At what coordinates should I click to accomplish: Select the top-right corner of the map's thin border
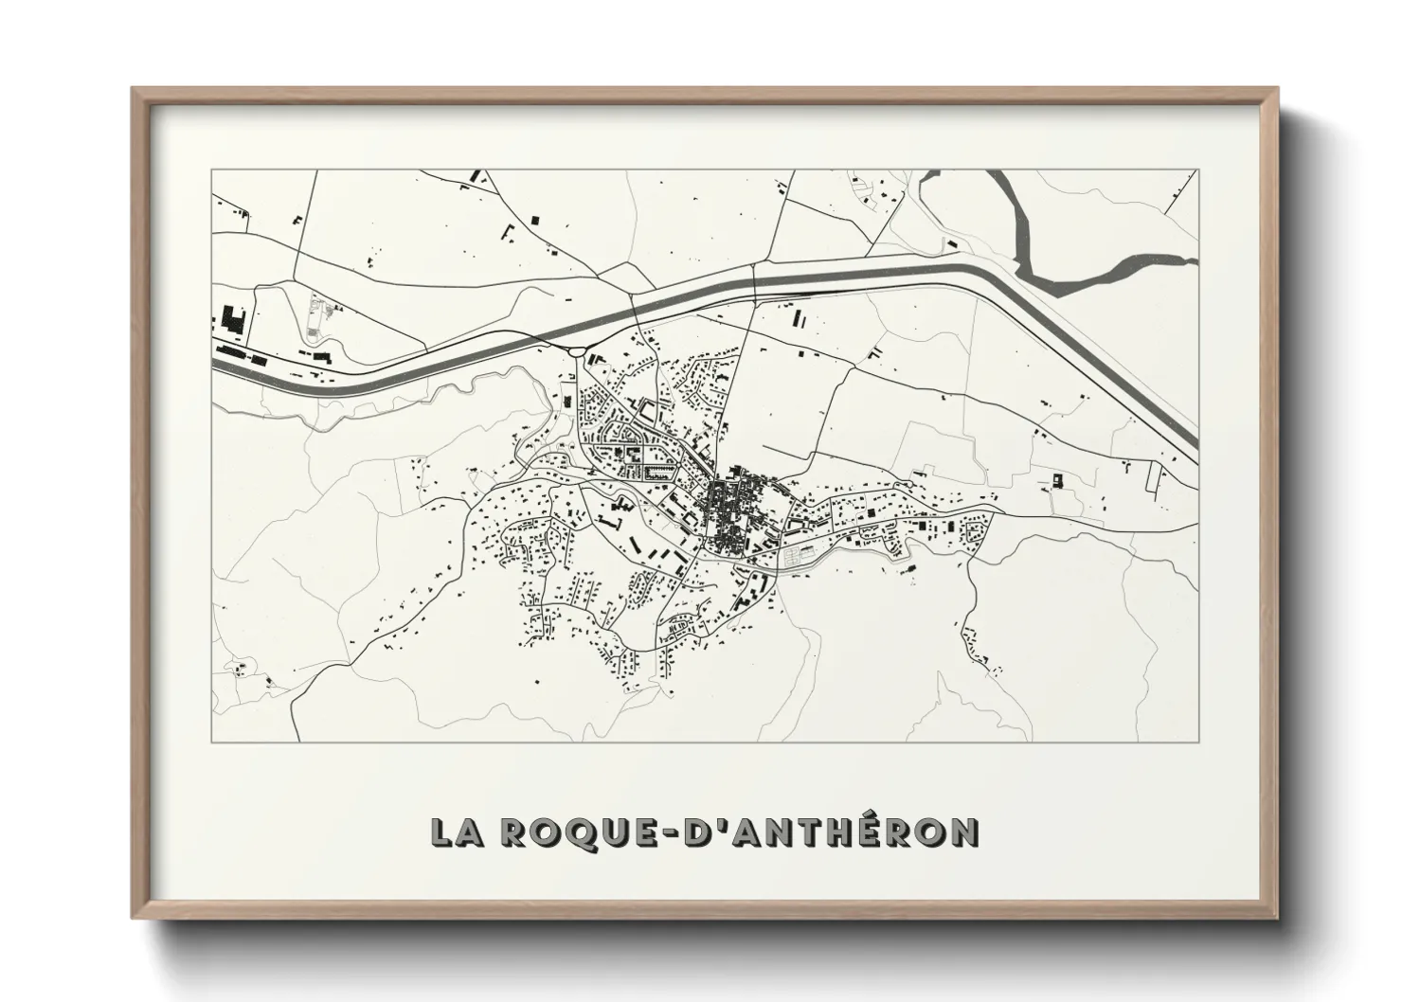pos(1198,170)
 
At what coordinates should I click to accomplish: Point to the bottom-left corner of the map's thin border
pos(211,742)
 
